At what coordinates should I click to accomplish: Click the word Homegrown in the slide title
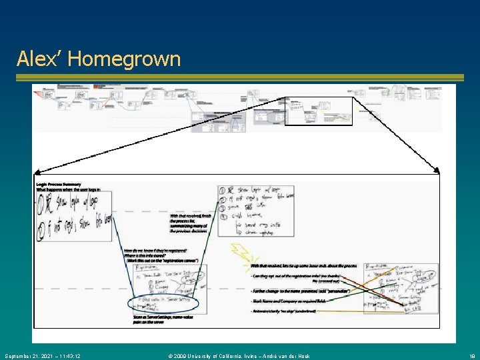[124, 59]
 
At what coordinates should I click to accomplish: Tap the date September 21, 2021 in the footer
[41, 356]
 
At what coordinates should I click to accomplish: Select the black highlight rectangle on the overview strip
[318, 111]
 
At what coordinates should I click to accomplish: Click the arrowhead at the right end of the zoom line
[437, 169]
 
